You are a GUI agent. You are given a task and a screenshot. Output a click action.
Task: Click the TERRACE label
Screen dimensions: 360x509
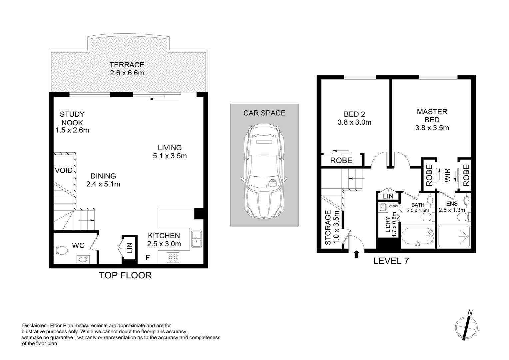tap(127, 65)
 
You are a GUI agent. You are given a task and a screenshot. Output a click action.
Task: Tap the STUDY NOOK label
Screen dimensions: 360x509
tap(72, 119)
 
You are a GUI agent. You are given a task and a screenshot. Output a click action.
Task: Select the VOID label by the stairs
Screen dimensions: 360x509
tap(64, 171)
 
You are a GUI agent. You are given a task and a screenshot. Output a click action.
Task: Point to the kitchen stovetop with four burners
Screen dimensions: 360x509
tap(173, 257)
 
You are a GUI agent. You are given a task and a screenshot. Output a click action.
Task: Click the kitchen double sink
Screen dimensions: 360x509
tap(196, 239)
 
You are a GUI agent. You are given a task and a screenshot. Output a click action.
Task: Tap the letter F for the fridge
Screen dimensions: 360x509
tap(148, 257)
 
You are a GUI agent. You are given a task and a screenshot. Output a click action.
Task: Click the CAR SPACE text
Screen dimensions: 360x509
tap(264, 113)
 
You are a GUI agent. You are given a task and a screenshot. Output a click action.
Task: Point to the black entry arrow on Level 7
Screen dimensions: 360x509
tap(356, 255)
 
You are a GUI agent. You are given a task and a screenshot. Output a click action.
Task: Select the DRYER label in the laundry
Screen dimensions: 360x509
tap(393, 206)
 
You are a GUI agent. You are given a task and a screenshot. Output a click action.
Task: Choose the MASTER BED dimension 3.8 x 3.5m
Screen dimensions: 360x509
tap(432, 128)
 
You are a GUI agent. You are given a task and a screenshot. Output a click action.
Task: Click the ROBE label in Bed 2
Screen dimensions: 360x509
tap(341, 161)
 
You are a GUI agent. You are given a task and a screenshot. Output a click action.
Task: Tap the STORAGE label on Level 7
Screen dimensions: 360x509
tap(328, 228)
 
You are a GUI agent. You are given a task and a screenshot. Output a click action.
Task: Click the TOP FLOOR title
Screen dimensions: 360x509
tap(125, 275)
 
